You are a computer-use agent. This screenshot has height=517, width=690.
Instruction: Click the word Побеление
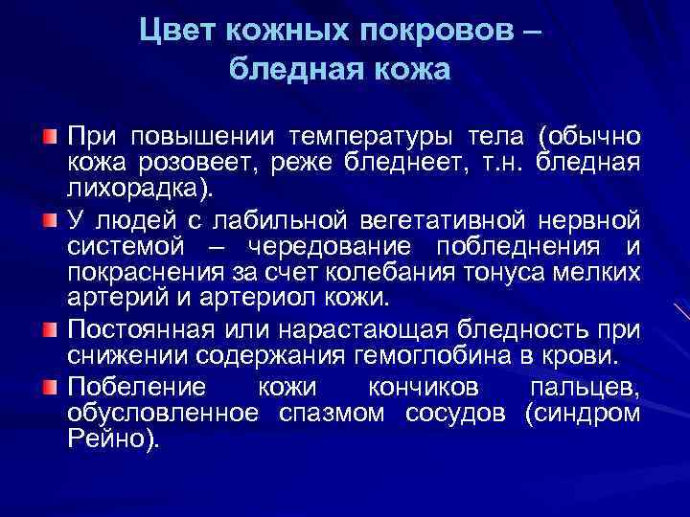click(x=123, y=388)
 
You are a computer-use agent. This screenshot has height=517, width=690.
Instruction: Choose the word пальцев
click(x=584, y=388)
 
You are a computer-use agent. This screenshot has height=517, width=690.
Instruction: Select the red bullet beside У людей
click(x=49, y=222)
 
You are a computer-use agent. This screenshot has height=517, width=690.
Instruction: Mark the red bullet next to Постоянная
click(x=49, y=331)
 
